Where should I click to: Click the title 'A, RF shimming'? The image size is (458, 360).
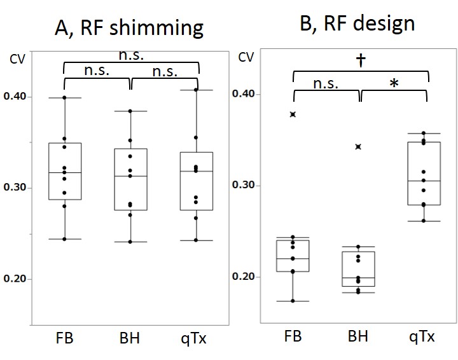click(128, 28)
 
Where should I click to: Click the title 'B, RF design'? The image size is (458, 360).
click(357, 24)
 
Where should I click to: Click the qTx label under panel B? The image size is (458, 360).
click(422, 336)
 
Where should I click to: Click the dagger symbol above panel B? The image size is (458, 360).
click(361, 60)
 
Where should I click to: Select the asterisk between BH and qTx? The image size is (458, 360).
click(394, 85)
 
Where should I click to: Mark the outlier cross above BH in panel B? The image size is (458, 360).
click(358, 147)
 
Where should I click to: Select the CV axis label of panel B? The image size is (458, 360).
click(246, 57)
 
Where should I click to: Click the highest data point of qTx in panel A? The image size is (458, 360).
click(196, 90)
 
